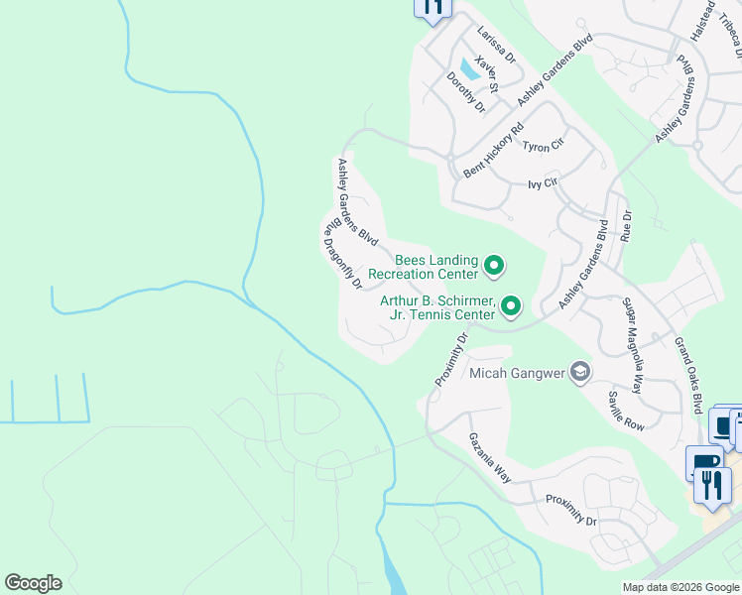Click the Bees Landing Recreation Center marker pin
pos(494,266)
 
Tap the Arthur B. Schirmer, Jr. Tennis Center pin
pos(511,306)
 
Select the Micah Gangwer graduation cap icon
pos(579,373)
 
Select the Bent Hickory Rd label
pos(493,151)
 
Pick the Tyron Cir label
pos(543,144)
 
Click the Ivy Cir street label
pos(543,183)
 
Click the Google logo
pos(33,583)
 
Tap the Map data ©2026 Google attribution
pos(680,587)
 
